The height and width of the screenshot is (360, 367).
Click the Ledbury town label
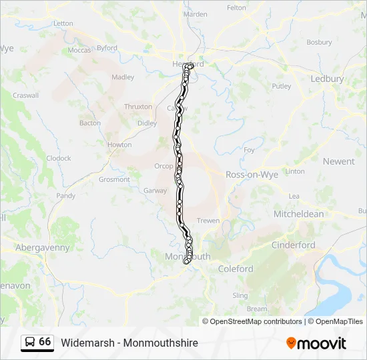[327, 79]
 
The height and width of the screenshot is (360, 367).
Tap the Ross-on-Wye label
[252, 174]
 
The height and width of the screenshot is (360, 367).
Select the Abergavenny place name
[43, 247]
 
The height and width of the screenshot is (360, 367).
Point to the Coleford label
[236, 269]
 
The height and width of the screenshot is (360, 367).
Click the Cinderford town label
[293, 245]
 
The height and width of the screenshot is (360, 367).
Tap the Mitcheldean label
[298, 214]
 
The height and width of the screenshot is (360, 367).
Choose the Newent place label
[338, 161]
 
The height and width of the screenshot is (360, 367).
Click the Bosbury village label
[319, 42]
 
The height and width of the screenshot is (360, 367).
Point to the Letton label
[63, 23]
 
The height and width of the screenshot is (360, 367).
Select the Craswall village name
[25, 95]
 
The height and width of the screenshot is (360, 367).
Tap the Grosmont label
[114, 179]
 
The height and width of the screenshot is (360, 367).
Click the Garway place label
[155, 190]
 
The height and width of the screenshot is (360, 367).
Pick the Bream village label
[257, 309]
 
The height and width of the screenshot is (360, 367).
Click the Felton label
[236, 8]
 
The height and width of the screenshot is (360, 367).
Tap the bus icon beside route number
[29, 342]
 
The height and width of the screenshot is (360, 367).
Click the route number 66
[45, 341]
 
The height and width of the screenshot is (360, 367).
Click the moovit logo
[316, 343]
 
